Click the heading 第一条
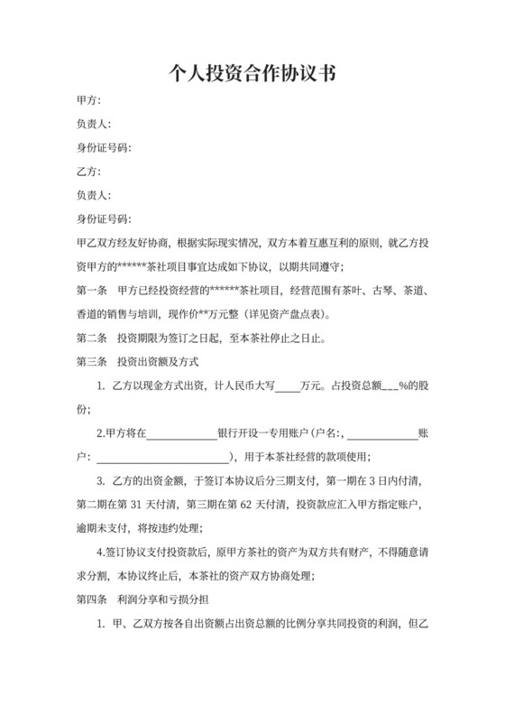92,291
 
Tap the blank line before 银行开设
180,433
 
